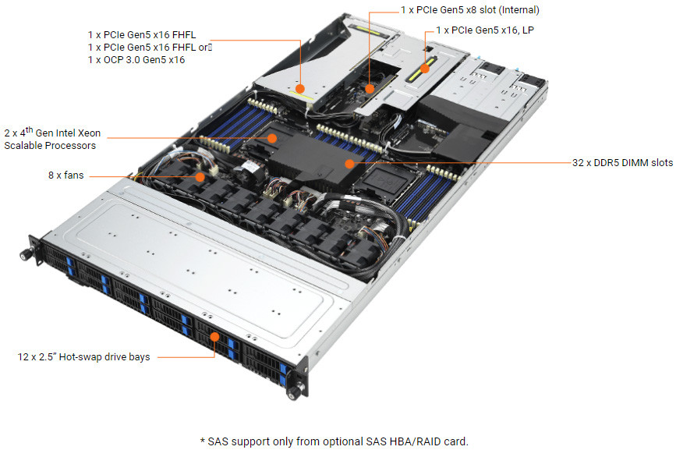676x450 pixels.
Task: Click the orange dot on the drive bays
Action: pyautogui.click(x=215, y=338)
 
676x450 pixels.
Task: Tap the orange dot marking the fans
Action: pyautogui.click(x=200, y=176)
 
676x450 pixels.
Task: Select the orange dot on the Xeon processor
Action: pyautogui.click(x=272, y=138)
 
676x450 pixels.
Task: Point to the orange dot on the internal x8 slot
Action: pyautogui.click(x=370, y=88)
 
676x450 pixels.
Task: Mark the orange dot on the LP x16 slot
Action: pyautogui.click(x=424, y=68)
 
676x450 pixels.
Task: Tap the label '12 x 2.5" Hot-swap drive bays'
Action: pyautogui.click(x=83, y=357)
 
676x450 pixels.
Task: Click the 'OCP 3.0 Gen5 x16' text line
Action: pyautogui.click(x=136, y=59)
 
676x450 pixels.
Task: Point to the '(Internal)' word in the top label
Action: pyautogui.click(x=515, y=10)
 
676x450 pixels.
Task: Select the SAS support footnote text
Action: pyautogui.click(x=334, y=441)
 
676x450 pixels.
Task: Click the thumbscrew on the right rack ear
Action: pyautogui.click(x=296, y=388)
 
